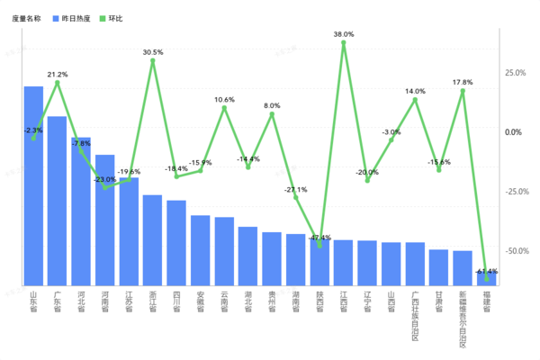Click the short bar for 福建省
pos(486,278)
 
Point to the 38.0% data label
pos(344,34)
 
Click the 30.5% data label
pos(153,52)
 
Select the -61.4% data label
pos(487,271)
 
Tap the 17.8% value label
pos(463,82)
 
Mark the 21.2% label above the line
pos(57,74)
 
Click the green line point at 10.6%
pos(224,108)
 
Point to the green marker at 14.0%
pos(415,99)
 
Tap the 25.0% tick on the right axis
pos(515,73)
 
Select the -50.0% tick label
pos(514,251)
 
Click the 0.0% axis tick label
pos(512,132)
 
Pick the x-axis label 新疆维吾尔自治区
pos(463,319)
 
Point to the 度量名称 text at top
pos(26,18)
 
